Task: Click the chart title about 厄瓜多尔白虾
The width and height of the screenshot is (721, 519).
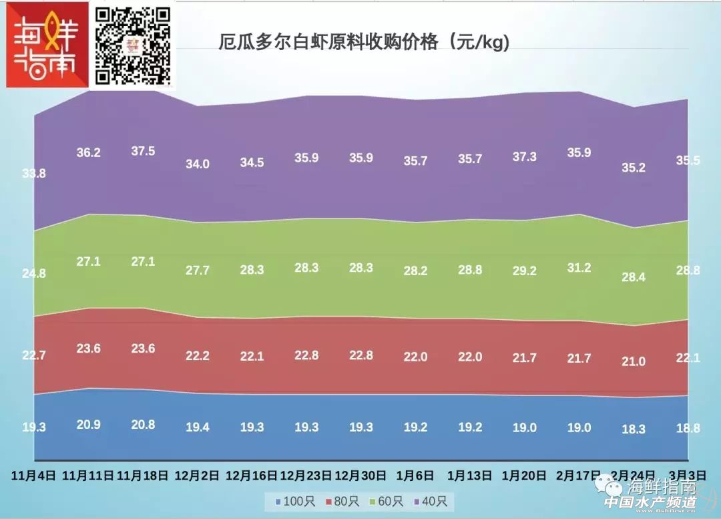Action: [365, 42]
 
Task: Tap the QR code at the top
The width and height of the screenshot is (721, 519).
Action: [133, 45]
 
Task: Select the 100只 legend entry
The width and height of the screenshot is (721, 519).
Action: [290, 500]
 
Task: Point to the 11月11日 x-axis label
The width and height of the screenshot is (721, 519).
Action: [88, 476]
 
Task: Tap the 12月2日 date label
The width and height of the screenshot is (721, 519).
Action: [197, 476]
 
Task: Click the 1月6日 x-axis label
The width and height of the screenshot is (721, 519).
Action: [415, 476]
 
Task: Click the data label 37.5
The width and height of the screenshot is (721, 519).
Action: [143, 151]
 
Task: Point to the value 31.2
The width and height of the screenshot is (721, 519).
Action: [578, 268]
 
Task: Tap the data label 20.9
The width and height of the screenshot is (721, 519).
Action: [88, 423]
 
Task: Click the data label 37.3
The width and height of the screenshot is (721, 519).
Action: [524, 156]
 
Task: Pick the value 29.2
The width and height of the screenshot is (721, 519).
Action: [524, 271]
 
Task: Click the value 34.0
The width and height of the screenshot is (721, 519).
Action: [197, 164]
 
